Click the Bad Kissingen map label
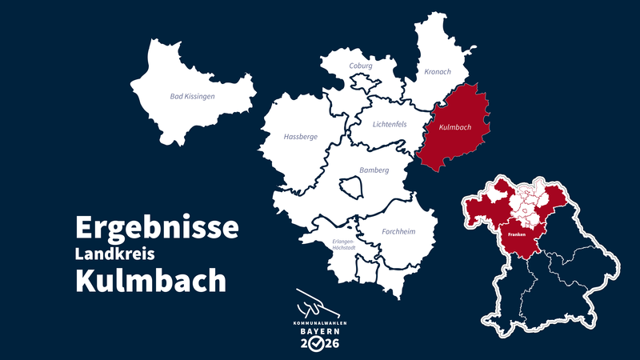pyautogui.click(x=192, y=96)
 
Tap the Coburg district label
pyautogui.click(x=361, y=66)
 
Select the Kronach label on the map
pyautogui.click(x=438, y=72)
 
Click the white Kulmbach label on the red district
pyautogui.click(x=454, y=127)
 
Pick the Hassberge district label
pyautogui.click(x=300, y=137)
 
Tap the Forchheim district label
pyautogui.click(x=398, y=232)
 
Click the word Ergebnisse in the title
pyautogui.click(x=157, y=227)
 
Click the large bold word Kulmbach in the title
pyautogui.click(x=150, y=281)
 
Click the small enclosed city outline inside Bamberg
pyautogui.click(x=351, y=188)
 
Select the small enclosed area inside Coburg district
pyautogui.click(x=365, y=83)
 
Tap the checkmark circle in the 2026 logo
pyautogui.click(x=318, y=344)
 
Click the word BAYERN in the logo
pyautogui.click(x=319, y=330)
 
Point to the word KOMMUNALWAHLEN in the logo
pyautogui.click(x=319, y=322)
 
